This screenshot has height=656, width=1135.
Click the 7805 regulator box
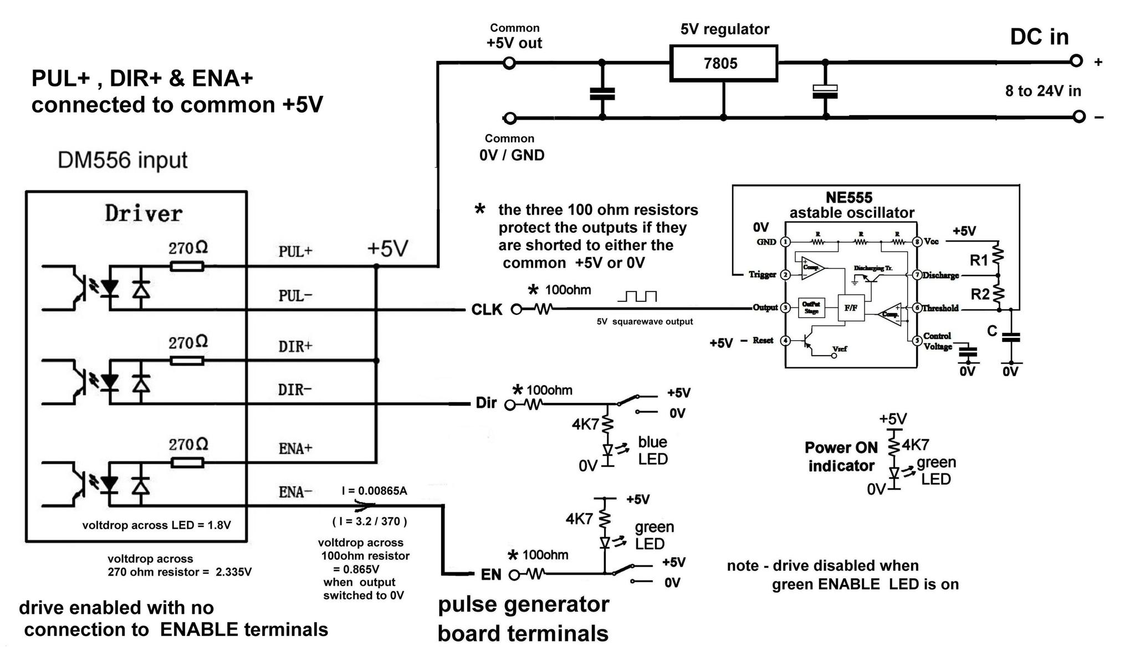pyautogui.click(x=723, y=63)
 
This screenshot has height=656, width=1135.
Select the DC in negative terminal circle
pyautogui.click(x=1078, y=116)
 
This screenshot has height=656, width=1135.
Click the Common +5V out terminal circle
pyautogui.click(x=509, y=63)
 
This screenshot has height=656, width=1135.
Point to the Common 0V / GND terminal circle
pyautogui.click(x=510, y=118)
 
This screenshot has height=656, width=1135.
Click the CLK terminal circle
pyautogui.click(x=516, y=309)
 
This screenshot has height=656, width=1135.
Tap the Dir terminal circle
pyautogui.click(x=510, y=405)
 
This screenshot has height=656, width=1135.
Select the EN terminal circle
pyautogui.click(x=514, y=575)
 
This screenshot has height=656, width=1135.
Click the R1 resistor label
pyautogui.click(x=979, y=260)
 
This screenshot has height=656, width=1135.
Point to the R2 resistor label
pyautogui.click(x=980, y=294)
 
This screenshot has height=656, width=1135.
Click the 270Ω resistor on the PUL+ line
pyautogui.click(x=187, y=266)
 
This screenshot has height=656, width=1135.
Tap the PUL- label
pyautogui.click(x=295, y=296)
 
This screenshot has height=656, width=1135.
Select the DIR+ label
pyautogui.click(x=295, y=347)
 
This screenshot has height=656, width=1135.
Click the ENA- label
pyautogui.click(x=295, y=492)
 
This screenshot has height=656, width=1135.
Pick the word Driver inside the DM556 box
pyautogui.click(x=144, y=214)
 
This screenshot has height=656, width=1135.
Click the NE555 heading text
pyautogui.click(x=848, y=198)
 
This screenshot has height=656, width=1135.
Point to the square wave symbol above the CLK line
pyautogui.click(x=637, y=296)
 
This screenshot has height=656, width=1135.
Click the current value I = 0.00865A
pyautogui.click(x=374, y=491)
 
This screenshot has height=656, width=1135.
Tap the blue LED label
pyautogui.click(x=652, y=450)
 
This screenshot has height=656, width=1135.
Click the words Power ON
pyautogui.click(x=841, y=448)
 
